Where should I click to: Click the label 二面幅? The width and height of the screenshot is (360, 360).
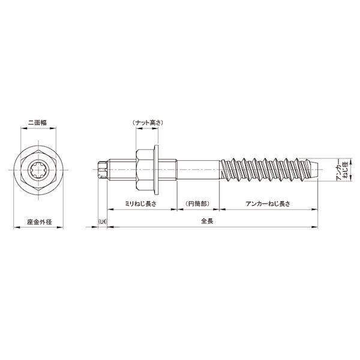pos(37,122)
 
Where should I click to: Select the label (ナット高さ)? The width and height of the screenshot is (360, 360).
pos(148,122)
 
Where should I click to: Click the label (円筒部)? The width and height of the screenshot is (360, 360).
pos(197,203)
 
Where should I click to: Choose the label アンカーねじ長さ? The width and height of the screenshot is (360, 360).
pos(268,203)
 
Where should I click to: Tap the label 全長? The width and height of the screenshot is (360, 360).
pos(207,221)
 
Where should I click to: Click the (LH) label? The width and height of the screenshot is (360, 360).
pos(103,222)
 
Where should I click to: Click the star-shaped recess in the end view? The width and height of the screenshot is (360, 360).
pos(38,170)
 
